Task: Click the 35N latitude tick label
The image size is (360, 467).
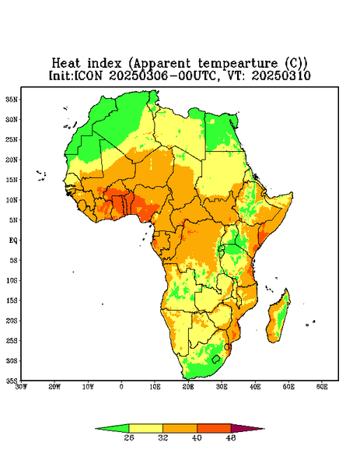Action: click(x=12, y=99)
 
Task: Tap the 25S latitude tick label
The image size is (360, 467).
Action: click(x=12, y=340)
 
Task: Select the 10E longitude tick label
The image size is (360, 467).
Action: click(x=155, y=387)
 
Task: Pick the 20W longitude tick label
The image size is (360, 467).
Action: click(x=54, y=387)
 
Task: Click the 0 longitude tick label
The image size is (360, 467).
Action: click(x=121, y=387)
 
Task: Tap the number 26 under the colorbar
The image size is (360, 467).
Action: click(x=129, y=437)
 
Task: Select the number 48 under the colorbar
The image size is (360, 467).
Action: click(x=231, y=437)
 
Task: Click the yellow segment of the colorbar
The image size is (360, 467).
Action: click(x=145, y=428)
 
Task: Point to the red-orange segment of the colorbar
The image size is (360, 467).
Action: click(x=214, y=428)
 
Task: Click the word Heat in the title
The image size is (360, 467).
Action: click(x=66, y=63)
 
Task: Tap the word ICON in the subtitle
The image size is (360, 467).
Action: click(x=88, y=75)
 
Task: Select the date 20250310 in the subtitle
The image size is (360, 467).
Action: click(x=281, y=75)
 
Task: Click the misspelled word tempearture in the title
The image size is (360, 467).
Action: click(x=238, y=64)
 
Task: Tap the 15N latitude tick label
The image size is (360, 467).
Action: click(x=12, y=180)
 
